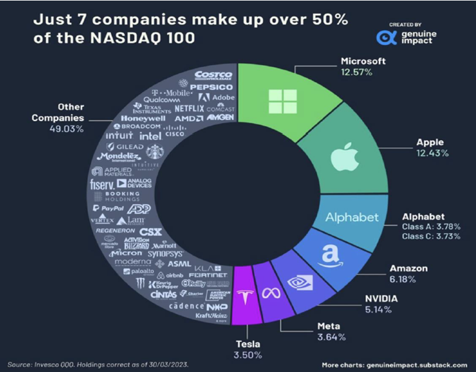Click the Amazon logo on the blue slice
tap(333, 255)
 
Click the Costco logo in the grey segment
tap(213, 76)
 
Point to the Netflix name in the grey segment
tap(189, 108)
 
